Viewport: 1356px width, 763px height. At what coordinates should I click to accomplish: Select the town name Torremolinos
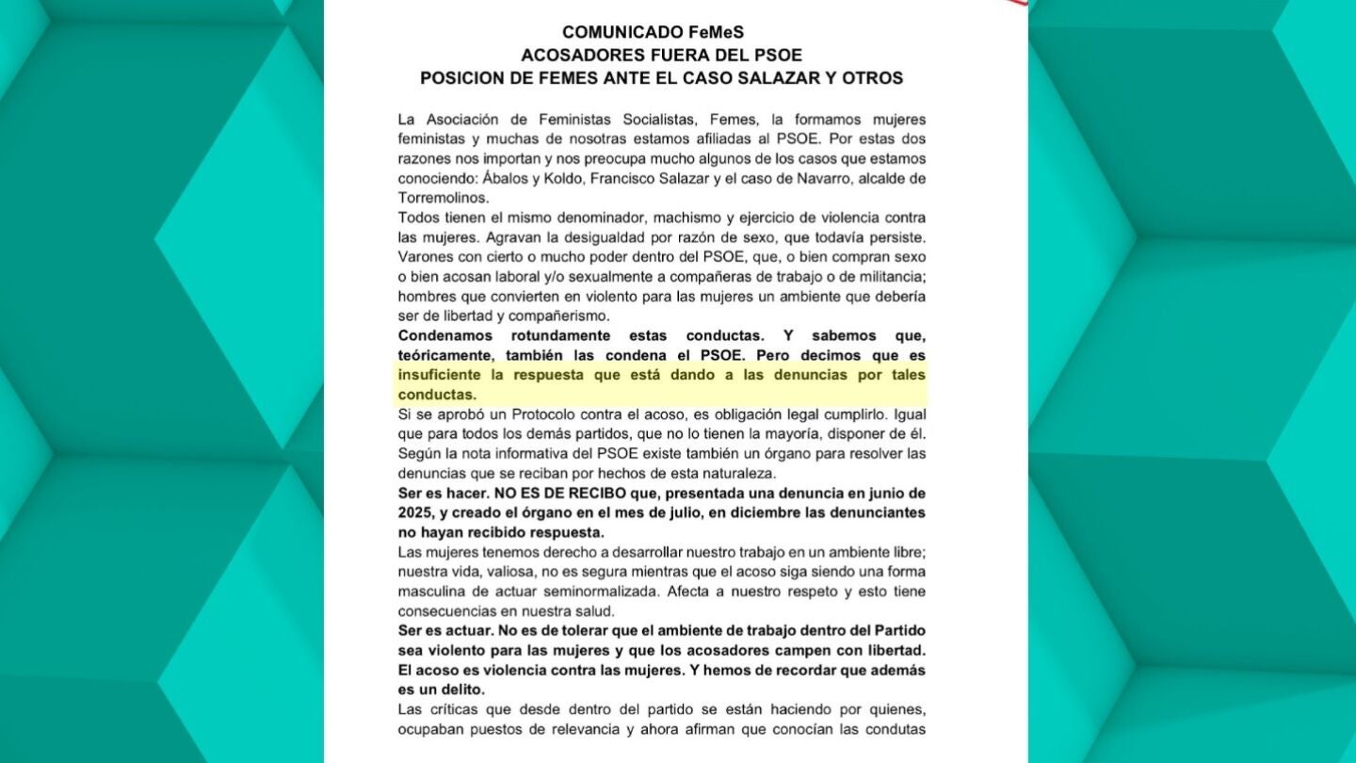click(x=444, y=198)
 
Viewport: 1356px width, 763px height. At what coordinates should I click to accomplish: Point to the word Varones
click(x=426, y=257)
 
